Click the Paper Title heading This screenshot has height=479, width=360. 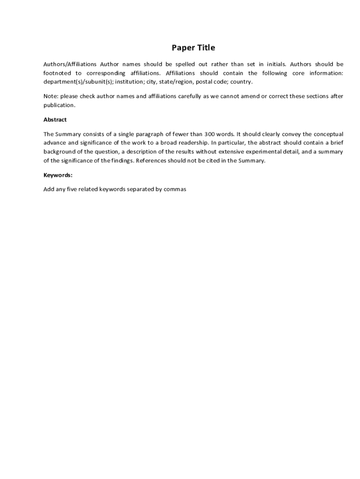193,48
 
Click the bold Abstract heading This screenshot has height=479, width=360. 55,120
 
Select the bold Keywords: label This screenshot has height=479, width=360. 58,175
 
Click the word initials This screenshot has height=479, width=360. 276,64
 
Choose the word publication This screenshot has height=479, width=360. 59,105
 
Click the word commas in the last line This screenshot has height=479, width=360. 175,189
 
